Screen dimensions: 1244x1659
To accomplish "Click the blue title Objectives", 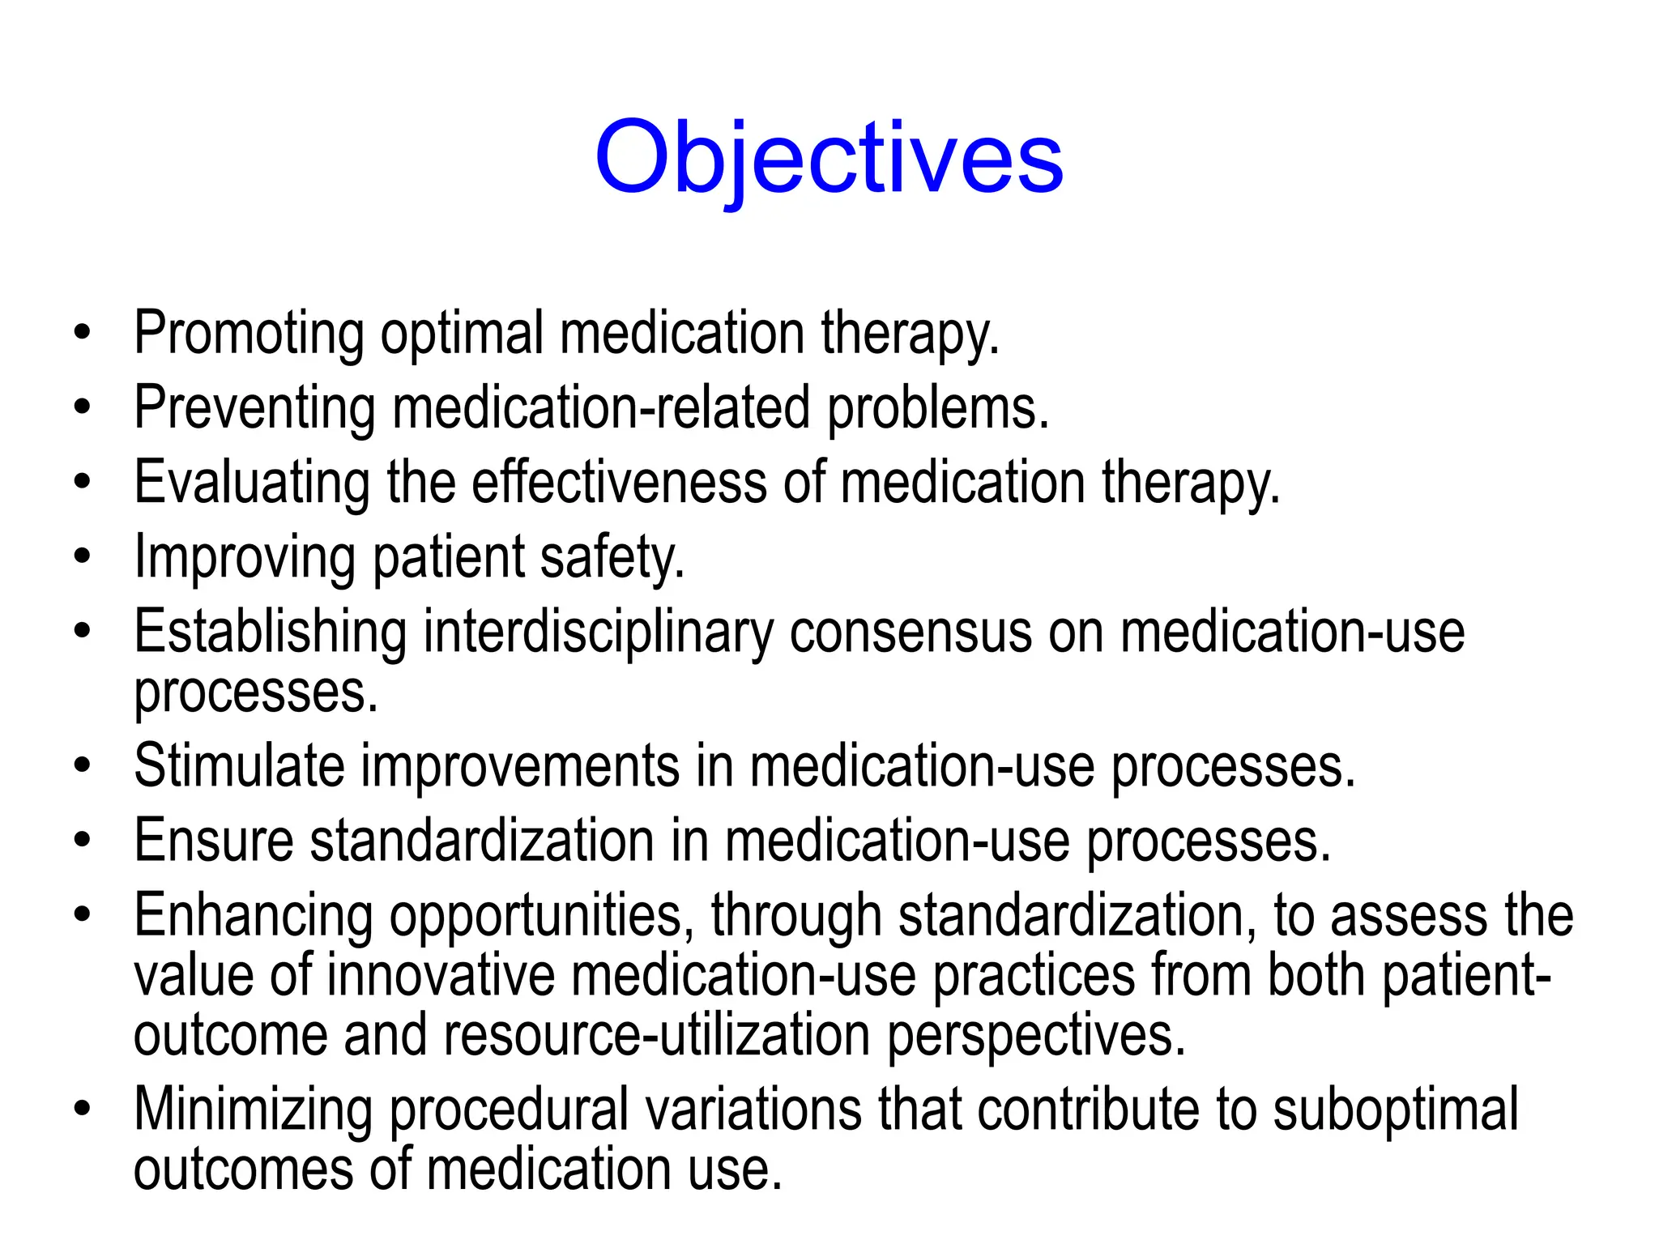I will (829, 158).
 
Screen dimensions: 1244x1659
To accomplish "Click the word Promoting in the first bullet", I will (249, 334).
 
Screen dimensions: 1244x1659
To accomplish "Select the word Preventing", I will (254, 408).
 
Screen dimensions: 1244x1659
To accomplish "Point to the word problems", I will (937, 408).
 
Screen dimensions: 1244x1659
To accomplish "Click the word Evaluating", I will (252, 484).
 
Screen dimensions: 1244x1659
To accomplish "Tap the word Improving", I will (245, 558).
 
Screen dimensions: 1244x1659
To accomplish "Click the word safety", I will (612, 558).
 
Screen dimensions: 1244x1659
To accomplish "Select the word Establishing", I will (271, 633).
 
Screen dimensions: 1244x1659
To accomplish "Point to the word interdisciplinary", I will (599, 633).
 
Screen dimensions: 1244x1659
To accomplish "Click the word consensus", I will (911, 633).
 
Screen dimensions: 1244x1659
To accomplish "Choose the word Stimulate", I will (239, 766).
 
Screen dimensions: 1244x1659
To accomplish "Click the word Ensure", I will (214, 841).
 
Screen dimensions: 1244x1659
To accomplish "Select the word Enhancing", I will (254, 916).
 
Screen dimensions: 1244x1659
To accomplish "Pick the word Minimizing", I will (254, 1110).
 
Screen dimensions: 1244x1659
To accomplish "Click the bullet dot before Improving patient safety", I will (82, 558).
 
